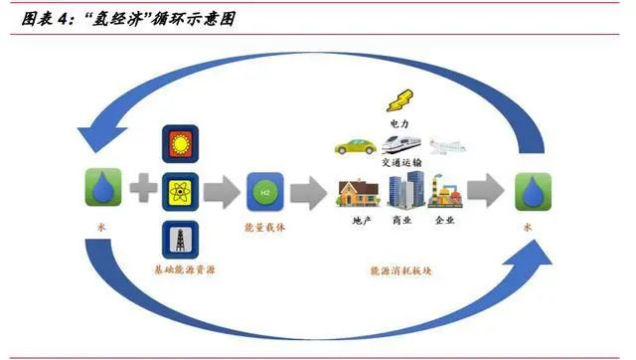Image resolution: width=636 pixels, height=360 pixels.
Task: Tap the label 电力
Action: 398,124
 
